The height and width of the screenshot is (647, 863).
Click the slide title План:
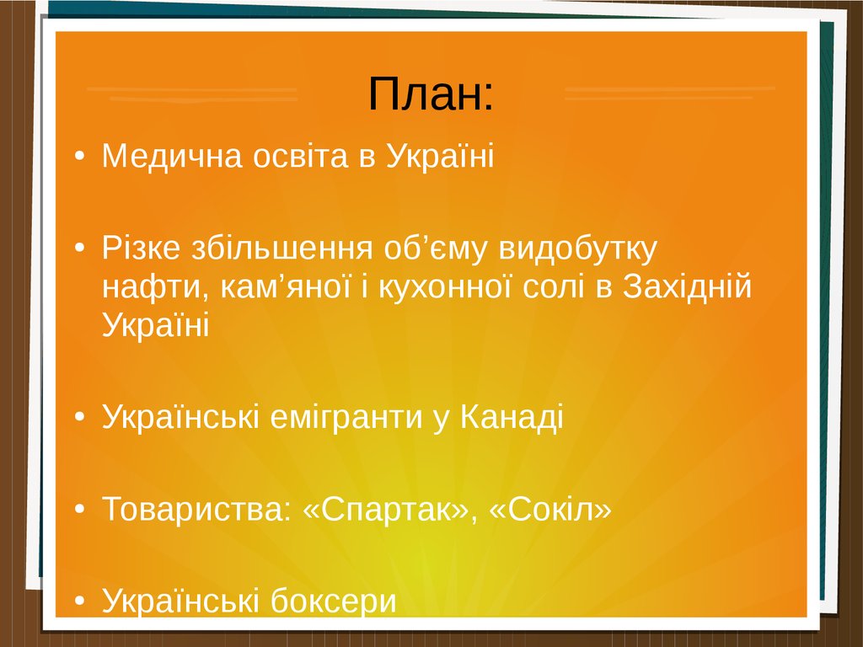pyautogui.click(x=431, y=94)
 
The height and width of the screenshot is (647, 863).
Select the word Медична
pyautogui.click(x=172, y=156)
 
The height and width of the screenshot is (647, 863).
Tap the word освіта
pyautogui.click(x=301, y=156)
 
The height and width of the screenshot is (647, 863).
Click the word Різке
pyautogui.click(x=141, y=248)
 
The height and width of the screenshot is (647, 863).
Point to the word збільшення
pyautogui.click(x=281, y=248)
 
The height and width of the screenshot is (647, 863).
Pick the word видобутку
pyautogui.click(x=578, y=249)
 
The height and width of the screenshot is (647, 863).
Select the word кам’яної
pyautogui.click(x=286, y=286)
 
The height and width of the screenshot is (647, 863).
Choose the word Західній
pyautogui.click(x=687, y=286)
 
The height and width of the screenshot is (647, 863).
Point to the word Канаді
pyautogui.click(x=512, y=416)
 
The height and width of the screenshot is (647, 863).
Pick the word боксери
pyautogui.click(x=333, y=600)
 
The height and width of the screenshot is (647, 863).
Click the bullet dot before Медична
pyautogui.click(x=80, y=156)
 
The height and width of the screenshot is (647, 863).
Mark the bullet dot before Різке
pyautogui.click(x=80, y=249)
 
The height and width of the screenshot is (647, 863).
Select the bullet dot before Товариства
pyautogui.click(x=80, y=509)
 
